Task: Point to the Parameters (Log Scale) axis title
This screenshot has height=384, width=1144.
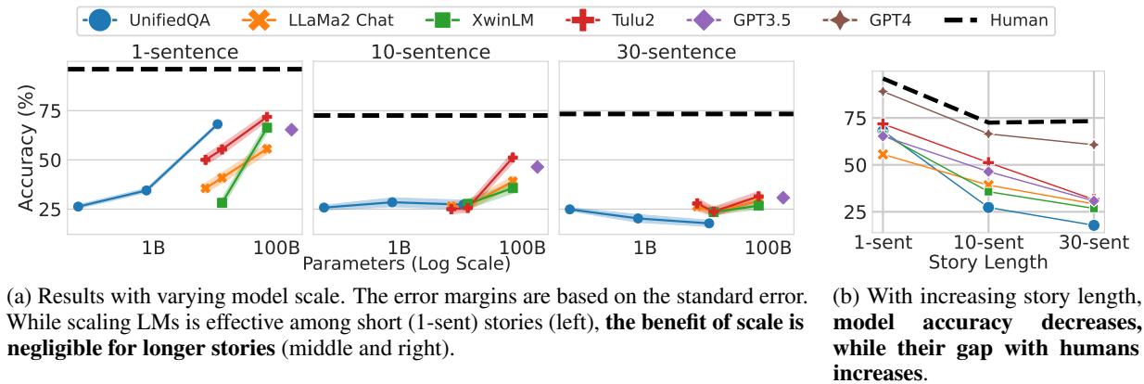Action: (407, 262)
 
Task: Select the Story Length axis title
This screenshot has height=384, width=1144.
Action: (988, 262)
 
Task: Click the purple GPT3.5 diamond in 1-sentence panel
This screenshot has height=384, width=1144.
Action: (291, 130)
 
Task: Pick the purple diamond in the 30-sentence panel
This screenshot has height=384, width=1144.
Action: (782, 198)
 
